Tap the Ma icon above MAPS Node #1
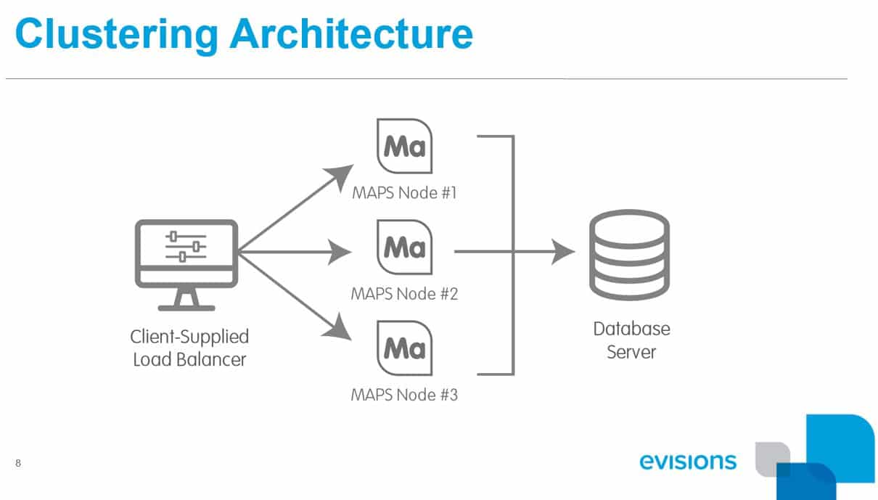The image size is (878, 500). tap(404, 147)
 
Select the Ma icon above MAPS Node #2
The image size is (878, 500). tap(404, 247)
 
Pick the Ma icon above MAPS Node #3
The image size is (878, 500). tap(404, 348)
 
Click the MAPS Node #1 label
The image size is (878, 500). tap(404, 194)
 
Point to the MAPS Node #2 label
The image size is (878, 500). tap(404, 295)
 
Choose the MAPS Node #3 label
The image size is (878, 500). tap(404, 396)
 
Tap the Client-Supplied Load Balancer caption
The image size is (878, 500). tap(189, 348)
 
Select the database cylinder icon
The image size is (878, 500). tap(629, 255)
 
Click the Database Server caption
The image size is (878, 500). tap(631, 340)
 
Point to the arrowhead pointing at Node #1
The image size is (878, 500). tap(338, 176)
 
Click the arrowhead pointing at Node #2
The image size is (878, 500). tap(341, 253)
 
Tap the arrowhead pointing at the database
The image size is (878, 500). tap(564, 253)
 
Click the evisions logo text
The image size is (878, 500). tap(688, 462)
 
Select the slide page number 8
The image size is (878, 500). tap(18, 463)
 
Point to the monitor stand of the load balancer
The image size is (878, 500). tap(186, 298)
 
